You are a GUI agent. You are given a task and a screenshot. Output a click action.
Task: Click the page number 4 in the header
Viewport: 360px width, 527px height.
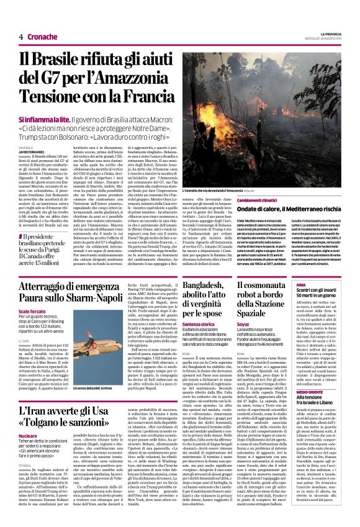pyautogui.click(x=21, y=37)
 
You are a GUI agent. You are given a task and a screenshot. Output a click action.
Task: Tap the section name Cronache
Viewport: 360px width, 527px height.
pyautogui.click(x=42, y=37)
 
